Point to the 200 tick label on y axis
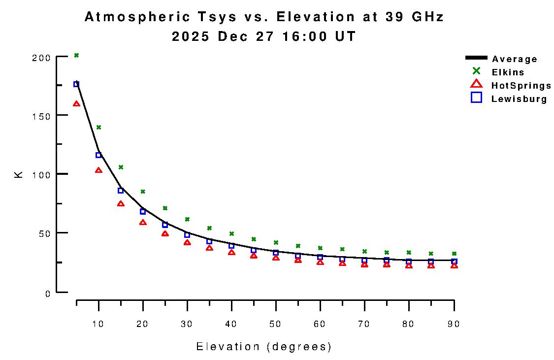pos(41,58)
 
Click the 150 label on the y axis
pos(41,116)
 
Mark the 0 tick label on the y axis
pos(48,294)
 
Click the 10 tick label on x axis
pos(98,324)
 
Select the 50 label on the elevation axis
pos(276,324)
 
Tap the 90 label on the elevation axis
pos(453,324)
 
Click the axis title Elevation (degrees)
pos(264,347)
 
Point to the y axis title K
pos(19,174)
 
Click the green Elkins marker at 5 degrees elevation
pos(76,55)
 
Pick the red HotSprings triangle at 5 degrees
pos(76,104)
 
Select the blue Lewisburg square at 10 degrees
pos(98,155)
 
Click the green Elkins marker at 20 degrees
pos(143,192)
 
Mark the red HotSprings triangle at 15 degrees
pos(121,204)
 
